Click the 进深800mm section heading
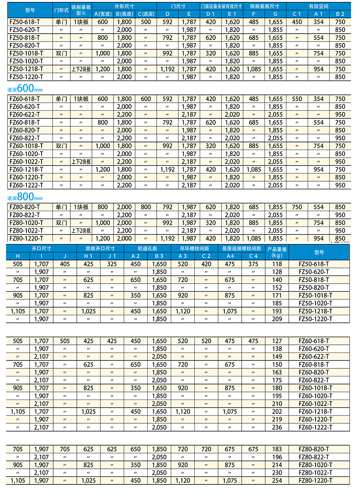tap(25, 198)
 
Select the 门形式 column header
tap(61, 10)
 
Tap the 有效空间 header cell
tap(318, 6)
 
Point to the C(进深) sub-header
tap(146, 14)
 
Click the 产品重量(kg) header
tap(277, 252)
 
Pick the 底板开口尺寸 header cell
tap(100, 248)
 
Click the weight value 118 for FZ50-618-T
tap(277, 264)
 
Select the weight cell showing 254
tap(277, 481)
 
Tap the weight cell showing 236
tap(277, 427)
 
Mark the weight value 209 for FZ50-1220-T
tap(277, 319)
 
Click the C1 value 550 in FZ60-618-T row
tap(297, 99)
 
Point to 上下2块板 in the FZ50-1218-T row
tap(81, 69)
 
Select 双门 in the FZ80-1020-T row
tap(61, 223)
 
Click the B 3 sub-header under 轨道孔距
tap(159, 256)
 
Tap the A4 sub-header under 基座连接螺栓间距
tap(230, 256)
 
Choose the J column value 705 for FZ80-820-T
tap(65, 449)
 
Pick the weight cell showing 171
tap(277, 296)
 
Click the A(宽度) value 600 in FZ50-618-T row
tap(102, 22)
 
